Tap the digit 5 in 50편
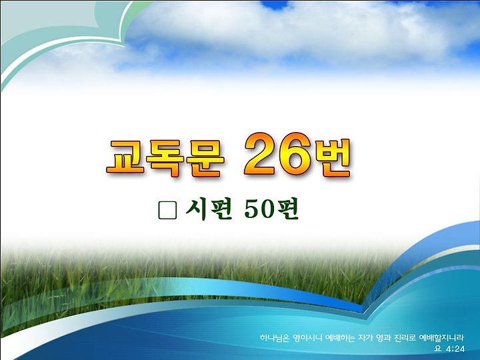pos(253,210)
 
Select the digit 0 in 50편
pos(269,210)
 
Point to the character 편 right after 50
pos(287,210)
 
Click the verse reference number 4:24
pos(455,349)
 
